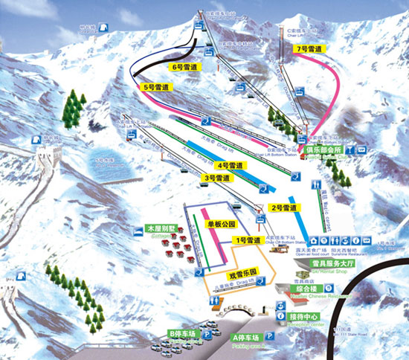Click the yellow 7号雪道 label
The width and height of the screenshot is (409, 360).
309,49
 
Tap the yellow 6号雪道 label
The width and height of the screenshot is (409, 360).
183,67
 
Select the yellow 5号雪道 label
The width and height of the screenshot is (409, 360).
156,87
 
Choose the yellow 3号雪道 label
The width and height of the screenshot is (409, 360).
215,179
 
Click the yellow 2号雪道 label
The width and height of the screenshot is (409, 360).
283,208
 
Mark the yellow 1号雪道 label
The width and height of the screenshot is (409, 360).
248,240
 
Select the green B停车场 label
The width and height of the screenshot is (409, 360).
182,334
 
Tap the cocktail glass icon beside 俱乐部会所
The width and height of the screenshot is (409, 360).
362,150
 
